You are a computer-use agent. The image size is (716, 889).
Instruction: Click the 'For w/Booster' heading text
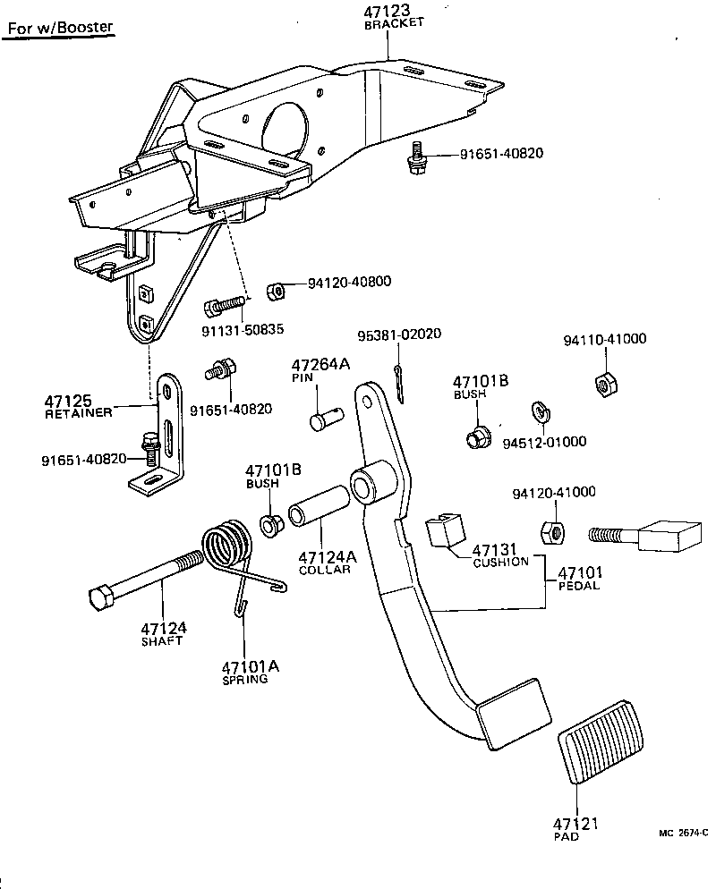tap(61, 27)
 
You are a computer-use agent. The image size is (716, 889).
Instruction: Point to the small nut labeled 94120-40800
tap(277, 292)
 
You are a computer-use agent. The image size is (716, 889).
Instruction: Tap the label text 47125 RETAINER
tap(79, 405)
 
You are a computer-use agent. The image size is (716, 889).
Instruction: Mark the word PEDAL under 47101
tap(578, 586)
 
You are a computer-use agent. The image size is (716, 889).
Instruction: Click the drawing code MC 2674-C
tap(684, 833)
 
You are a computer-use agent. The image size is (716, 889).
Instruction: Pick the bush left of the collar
tap(268, 525)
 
